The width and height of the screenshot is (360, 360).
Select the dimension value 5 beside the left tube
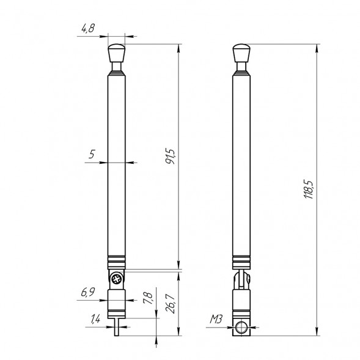pos(92,155)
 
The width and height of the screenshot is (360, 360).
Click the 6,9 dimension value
pos(87,292)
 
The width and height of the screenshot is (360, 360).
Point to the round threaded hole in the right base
pos(243,328)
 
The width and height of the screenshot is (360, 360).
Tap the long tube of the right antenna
pos(243,165)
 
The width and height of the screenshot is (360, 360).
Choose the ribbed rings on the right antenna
pos(243,261)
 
